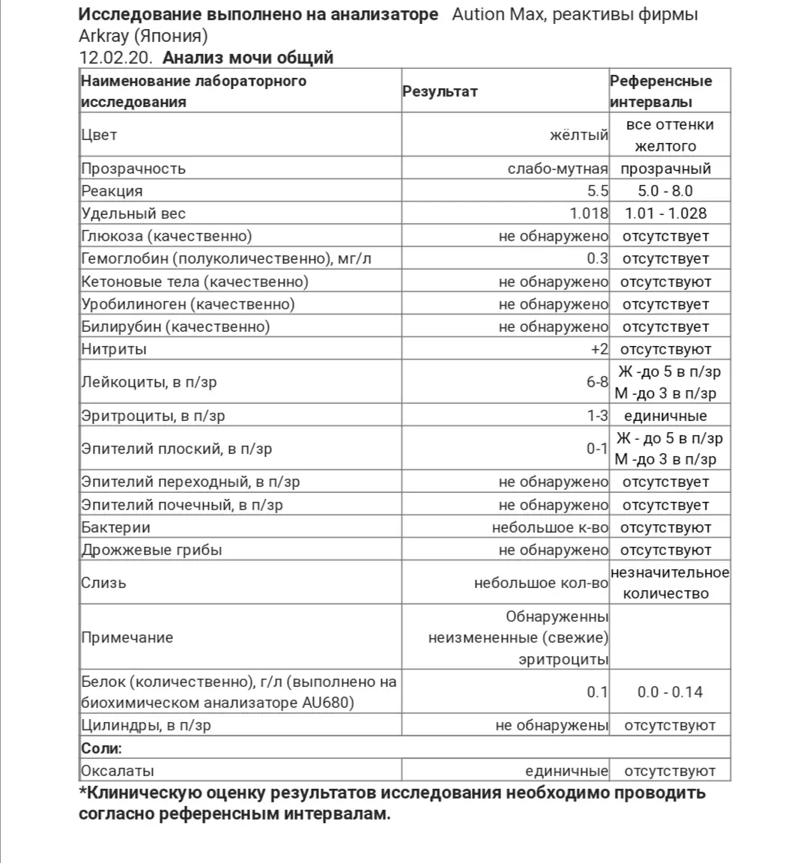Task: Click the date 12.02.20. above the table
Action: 117,58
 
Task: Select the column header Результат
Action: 440,91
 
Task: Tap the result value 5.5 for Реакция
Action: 598,191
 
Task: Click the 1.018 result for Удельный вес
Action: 589,214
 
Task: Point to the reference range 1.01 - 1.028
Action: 666,214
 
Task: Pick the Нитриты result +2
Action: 599,349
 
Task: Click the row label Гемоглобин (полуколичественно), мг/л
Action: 226,258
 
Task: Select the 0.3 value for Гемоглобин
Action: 598,258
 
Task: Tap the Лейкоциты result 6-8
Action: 597,382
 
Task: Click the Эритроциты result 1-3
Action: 597,416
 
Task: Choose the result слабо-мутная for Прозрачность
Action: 557,169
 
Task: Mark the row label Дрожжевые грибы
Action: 151,550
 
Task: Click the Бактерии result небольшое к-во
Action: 550,527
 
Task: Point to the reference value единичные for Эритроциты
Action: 665,416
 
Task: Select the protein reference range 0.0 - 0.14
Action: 670,692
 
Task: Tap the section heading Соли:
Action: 101,748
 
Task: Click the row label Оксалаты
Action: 118,771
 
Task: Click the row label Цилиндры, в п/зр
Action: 146,725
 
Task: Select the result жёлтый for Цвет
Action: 578,136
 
